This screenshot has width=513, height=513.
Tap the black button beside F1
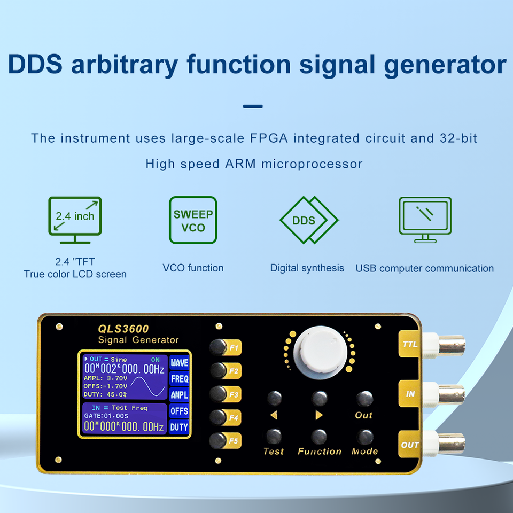coord(217,347)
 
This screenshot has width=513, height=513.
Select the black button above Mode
coord(365,436)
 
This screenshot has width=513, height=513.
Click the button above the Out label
coord(364,398)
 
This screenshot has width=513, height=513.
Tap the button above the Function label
coord(319,436)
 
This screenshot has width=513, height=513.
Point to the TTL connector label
coord(410,345)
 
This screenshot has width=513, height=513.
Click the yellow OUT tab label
coord(410,445)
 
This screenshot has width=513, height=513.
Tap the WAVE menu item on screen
coord(179,363)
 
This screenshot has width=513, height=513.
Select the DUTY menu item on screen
coord(179,427)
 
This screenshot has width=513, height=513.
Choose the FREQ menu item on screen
coord(179,379)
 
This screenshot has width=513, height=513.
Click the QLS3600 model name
coord(123,329)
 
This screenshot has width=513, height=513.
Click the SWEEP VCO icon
coord(193,221)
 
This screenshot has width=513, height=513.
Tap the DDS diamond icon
coord(308,220)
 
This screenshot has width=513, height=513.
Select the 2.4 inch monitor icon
coord(75,220)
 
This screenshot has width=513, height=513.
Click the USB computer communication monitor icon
coord(425,219)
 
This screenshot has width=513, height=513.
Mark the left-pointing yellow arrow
coord(274,415)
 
